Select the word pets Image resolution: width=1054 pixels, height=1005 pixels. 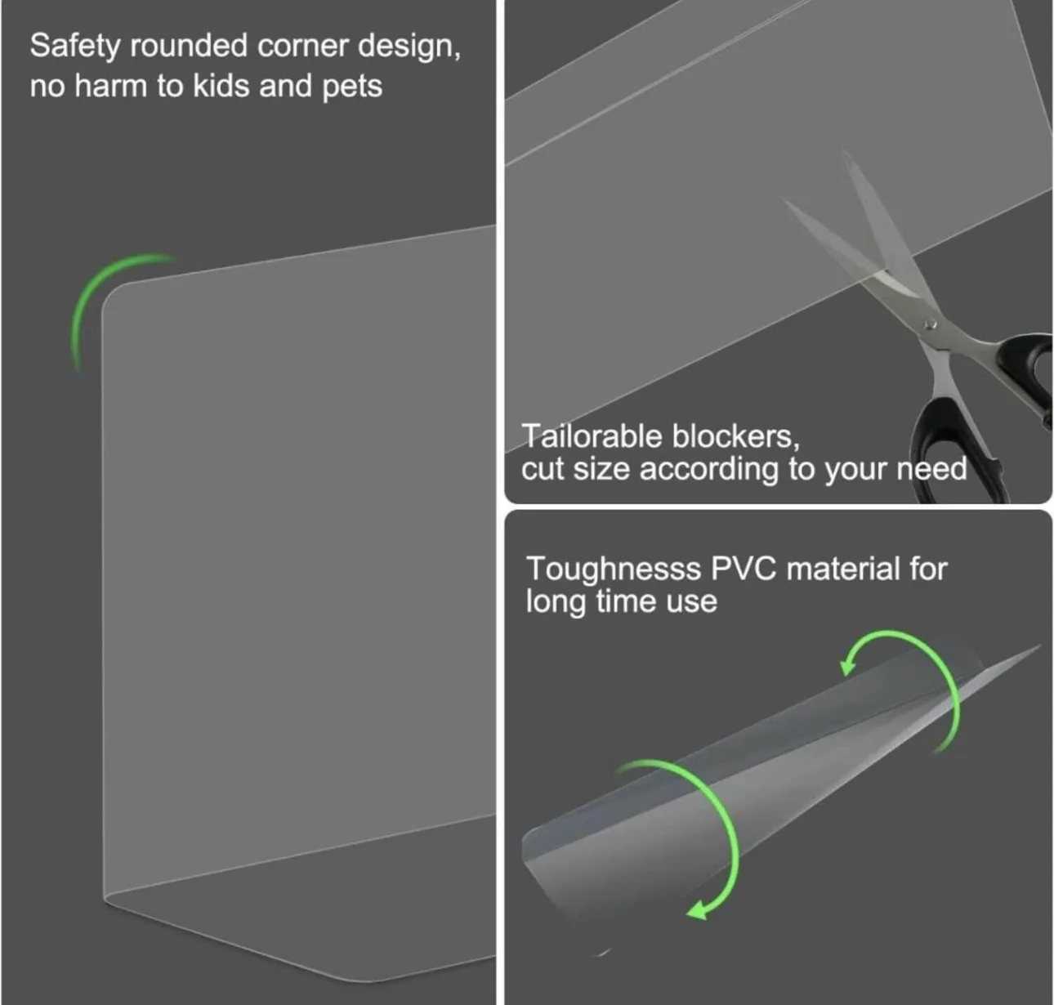(x=352, y=86)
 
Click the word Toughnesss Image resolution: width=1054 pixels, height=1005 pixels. (x=613, y=569)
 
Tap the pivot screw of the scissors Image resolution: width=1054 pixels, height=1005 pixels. (x=930, y=324)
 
